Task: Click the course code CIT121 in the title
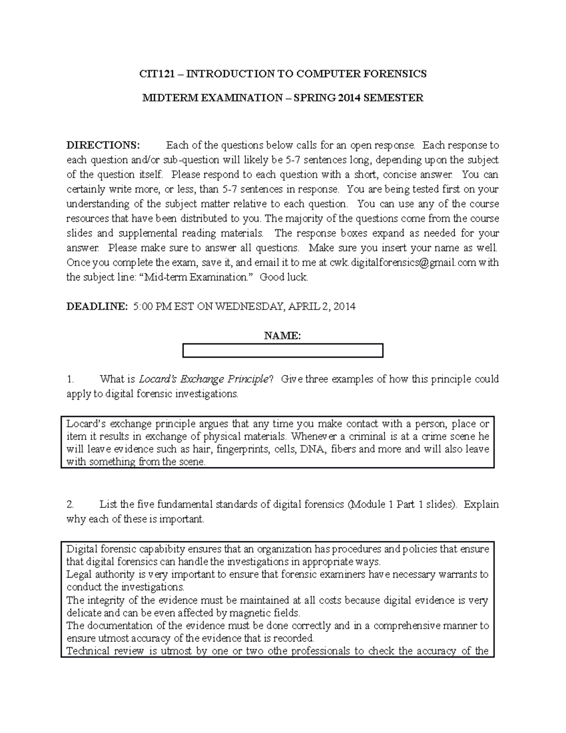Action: point(155,74)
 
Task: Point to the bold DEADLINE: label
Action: point(97,306)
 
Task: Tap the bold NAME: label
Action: point(283,336)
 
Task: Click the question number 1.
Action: point(71,379)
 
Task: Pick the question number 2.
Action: point(71,505)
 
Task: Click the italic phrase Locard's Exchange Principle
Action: point(204,379)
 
